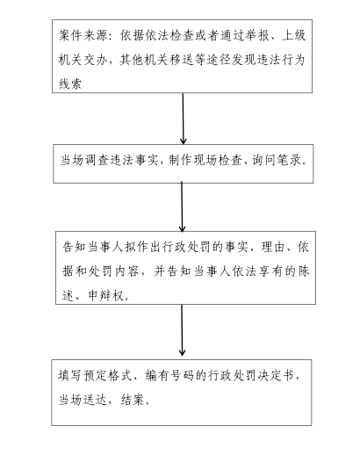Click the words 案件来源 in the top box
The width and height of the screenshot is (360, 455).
tap(83, 36)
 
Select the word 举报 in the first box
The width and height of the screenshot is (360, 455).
tap(257, 36)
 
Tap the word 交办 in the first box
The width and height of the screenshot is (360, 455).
tap(96, 61)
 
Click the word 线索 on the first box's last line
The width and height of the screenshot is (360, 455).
tap(70, 84)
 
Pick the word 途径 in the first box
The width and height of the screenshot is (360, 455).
tap(218, 61)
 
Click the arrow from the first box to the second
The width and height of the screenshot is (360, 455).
tap(184, 119)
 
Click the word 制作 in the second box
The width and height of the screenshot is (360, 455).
tap(181, 161)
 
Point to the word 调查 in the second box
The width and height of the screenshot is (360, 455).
tap(96, 161)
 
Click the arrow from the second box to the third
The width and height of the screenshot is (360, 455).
tap(182, 206)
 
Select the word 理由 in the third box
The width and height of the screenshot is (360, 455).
tap(273, 248)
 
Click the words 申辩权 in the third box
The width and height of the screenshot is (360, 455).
tap(105, 296)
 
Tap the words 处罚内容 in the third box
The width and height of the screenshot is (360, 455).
tap(113, 271)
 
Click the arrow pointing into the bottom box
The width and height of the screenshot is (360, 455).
tap(182, 330)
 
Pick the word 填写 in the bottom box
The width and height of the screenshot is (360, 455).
tap(69, 376)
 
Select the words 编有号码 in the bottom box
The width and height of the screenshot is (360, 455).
tap(169, 376)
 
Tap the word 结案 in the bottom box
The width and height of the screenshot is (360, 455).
tap(133, 400)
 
